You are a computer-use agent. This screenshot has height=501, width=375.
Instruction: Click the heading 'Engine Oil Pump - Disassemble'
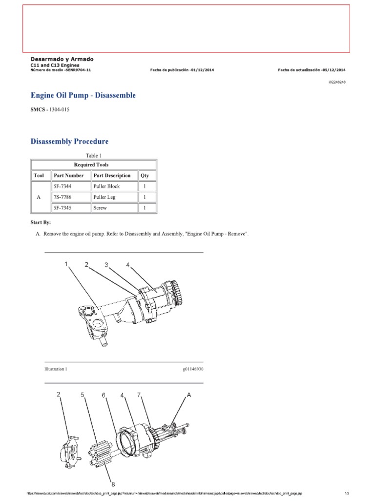tap(83, 95)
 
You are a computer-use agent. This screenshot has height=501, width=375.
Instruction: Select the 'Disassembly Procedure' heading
tap(69, 141)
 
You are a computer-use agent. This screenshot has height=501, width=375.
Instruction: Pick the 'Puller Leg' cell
tap(105, 197)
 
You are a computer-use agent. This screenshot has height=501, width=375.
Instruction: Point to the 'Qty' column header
tap(145, 176)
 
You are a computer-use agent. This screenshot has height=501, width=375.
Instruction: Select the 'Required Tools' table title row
tap(94, 165)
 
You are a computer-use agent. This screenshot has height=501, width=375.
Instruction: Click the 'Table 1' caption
tap(94, 155)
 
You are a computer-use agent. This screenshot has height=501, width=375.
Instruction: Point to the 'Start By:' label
tap(41, 223)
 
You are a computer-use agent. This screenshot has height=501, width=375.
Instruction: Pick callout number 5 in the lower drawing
tap(83, 394)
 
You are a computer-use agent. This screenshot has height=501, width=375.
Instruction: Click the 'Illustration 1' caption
tap(56, 369)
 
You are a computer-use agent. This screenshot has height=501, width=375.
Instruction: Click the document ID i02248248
tap(336, 82)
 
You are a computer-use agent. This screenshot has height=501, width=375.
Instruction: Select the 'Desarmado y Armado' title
tap(62, 59)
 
